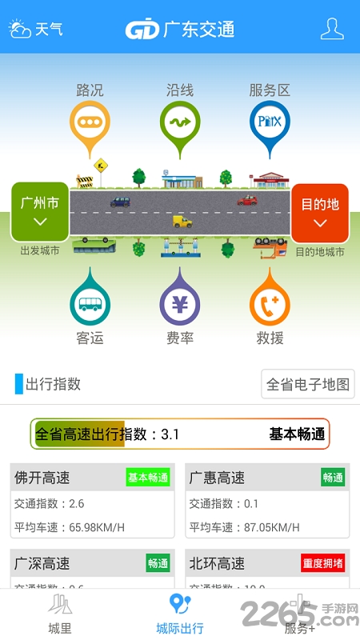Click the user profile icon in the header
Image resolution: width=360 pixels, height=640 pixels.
click(x=332, y=29)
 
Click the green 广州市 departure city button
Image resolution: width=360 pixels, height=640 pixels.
click(x=40, y=211)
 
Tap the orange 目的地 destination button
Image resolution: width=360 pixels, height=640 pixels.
click(x=320, y=212)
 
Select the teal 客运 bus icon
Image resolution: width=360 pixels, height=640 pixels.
click(x=90, y=303)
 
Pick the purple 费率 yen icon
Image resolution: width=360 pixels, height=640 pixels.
click(x=180, y=303)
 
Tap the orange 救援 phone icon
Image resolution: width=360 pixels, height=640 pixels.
click(x=270, y=303)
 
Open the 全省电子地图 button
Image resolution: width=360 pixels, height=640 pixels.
click(x=308, y=384)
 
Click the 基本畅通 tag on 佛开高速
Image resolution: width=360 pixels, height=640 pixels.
click(x=148, y=478)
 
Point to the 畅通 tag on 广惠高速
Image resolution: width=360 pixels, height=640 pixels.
click(x=333, y=478)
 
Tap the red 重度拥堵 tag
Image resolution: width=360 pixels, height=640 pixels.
click(x=323, y=563)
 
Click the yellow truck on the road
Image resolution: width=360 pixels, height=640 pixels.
click(x=182, y=221)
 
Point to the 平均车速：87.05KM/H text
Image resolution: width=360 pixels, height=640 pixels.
click(x=245, y=527)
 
